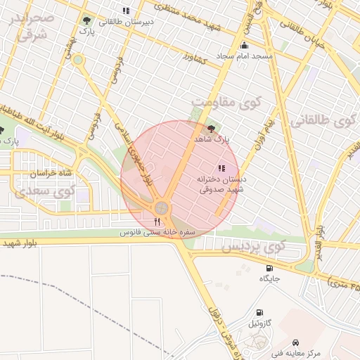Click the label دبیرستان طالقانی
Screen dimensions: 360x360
[x=126, y=21]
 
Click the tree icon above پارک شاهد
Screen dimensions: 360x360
[x=212, y=129]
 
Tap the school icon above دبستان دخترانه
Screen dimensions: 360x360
[x=221, y=169]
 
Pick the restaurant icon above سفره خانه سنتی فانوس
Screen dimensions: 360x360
[x=157, y=221]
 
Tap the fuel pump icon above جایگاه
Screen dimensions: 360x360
[x=269, y=268]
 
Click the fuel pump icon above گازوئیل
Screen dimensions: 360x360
[x=259, y=312]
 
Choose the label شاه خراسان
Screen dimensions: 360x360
[x=50, y=173]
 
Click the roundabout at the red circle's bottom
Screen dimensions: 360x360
[x=162, y=208]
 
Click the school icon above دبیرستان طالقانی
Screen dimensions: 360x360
[x=126, y=11]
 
